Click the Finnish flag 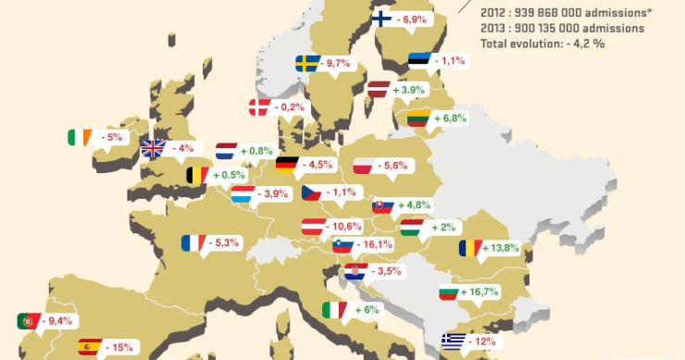(x=382, y=19)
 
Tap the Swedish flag (x=308, y=63)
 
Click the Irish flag (x=80, y=137)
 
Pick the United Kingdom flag (x=153, y=148)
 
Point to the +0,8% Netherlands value (x=256, y=151)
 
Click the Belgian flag (x=197, y=174)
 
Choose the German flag (x=288, y=165)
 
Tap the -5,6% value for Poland (x=394, y=166)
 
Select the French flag (x=193, y=242)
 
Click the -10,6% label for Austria (x=346, y=226)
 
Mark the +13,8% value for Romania (x=502, y=248)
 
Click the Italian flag (x=333, y=310)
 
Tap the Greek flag (x=454, y=341)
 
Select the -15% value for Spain (x=121, y=348)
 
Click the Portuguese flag (x=29, y=321)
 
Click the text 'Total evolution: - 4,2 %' (x=542, y=43)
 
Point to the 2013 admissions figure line (x=563, y=28)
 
